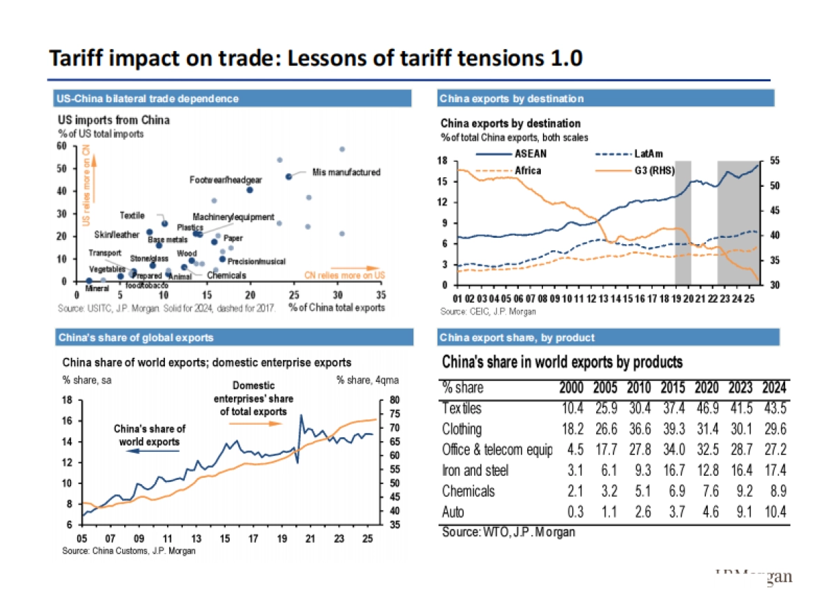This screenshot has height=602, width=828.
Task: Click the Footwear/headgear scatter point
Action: pos(250,190)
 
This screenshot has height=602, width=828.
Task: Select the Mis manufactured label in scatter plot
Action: pos(346,172)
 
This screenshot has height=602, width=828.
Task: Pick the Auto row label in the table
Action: pos(453,512)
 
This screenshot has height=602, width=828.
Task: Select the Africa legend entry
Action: pos(527,170)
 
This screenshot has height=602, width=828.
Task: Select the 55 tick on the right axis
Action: pos(775,160)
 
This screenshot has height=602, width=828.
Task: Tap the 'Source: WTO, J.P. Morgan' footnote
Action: pos(508,532)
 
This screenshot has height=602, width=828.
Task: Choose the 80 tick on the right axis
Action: pos(394,399)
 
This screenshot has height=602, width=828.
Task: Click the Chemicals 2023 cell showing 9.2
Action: pos(742,491)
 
